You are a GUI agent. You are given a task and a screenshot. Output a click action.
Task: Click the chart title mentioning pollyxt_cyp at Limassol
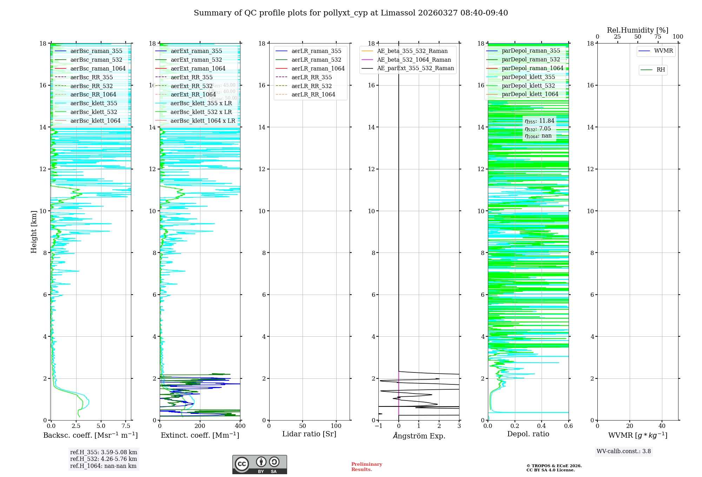[x=351, y=13]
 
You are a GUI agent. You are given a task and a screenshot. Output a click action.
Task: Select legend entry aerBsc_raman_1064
[x=98, y=68]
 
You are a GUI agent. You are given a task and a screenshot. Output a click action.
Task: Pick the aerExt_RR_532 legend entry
[x=191, y=86]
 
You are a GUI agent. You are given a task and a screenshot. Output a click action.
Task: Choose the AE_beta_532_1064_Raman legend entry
[x=414, y=60]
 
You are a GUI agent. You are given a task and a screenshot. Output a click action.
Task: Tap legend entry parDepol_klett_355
[x=528, y=77]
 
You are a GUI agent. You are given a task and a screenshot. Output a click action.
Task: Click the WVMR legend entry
[x=663, y=51]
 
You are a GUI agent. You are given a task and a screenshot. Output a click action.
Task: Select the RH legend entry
[x=661, y=70]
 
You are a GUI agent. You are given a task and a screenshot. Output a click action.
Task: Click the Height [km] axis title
[x=34, y=231]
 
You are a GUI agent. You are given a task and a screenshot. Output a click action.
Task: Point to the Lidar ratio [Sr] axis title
[x=309, y=434]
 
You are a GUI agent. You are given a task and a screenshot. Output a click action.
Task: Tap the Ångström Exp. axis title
[x=419, y=436]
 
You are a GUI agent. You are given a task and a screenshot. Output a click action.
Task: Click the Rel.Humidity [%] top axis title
[x=637, y=30]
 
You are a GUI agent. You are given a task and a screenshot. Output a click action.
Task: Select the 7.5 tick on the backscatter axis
[x=126, y=426]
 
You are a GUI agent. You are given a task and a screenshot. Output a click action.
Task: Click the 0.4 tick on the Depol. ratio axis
[x=542, y=426]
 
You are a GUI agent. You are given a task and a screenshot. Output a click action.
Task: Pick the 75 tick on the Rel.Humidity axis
[x=658, y=37]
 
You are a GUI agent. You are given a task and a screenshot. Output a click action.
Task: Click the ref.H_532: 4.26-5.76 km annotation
[x=104, y=459]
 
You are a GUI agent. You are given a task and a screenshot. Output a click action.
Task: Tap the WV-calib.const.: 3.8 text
[x=624, y=451]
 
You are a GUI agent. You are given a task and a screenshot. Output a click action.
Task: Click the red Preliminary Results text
[x=366, y=467]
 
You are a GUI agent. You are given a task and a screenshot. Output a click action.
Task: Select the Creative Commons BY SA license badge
[x=259, y=464]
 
